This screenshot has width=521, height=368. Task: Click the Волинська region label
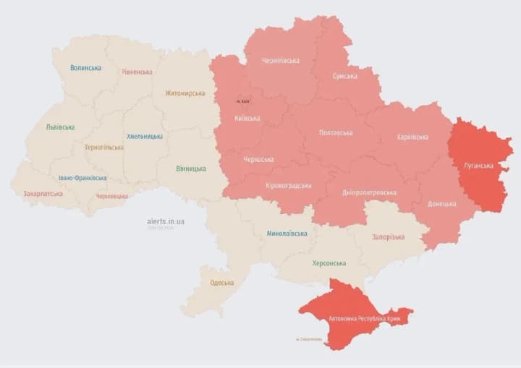click(x=85, y=68)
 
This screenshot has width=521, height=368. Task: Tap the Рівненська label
click(x=137, y=72)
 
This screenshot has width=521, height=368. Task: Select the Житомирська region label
click(x=185, y=93)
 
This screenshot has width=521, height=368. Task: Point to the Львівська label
click(x=60, y=127)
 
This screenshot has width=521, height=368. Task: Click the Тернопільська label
click(x=103, y=147)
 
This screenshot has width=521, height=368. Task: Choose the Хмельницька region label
click(x=145, y=136)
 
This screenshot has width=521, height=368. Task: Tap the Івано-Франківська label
click(x=82, y=178)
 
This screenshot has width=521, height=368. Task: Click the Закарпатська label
click(x=43, y=194)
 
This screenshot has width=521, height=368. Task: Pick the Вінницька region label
click(x=190, y=169)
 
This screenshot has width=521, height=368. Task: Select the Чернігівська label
click(x=281, y=61)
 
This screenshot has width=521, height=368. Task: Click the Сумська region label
click(x=344, y=76)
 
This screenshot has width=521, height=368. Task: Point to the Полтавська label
click(x=336, y=132)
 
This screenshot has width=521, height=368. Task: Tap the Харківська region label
click(x=412, y=137)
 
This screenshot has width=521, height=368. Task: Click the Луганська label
click(x=480, y=166)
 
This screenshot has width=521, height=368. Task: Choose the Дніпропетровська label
click(x=369, y=192)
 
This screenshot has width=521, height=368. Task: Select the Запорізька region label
click(x=389, y=236)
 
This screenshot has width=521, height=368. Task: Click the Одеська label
click(x=221, y=283)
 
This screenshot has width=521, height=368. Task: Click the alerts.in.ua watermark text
click(x=166, y=221)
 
